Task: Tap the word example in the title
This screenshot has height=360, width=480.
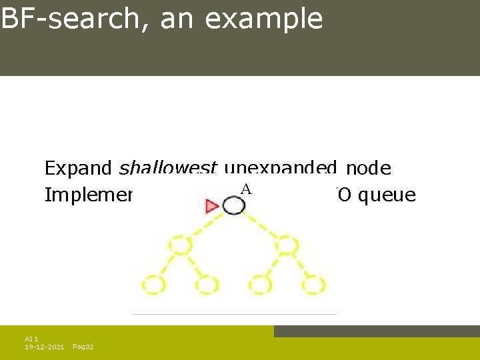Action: tap(264, 20)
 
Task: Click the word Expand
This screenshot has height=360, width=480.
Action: tap(79, 169)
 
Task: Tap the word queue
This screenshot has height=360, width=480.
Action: tap(388, 195)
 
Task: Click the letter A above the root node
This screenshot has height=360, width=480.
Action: tap(245, 189)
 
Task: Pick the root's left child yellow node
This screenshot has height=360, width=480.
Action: tap(180, 246)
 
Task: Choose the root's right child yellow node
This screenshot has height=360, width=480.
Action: tap(287, 246)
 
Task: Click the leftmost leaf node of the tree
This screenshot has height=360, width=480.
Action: tap(153, 285)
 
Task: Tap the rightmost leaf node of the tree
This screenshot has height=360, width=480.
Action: tap(314, 285)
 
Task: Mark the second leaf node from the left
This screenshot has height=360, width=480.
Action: tap(207, 285)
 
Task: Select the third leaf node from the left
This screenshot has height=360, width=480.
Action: tap(261, 285)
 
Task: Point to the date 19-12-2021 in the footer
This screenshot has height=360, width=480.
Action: tap(45, 347)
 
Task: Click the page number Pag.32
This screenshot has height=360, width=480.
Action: tap(83, 347)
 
